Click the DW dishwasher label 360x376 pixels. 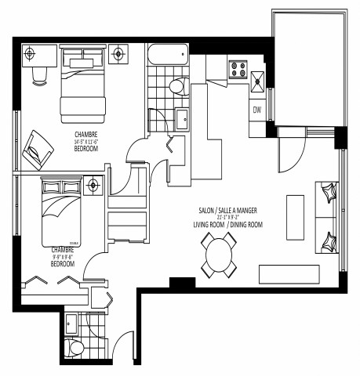point(256,110)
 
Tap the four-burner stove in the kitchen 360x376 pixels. point(237,68)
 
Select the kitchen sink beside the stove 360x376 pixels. point(257,77)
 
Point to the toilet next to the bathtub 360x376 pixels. point(177,85)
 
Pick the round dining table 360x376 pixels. point(220,255)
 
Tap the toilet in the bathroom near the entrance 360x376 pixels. point(77,346)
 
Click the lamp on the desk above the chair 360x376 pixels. point(31,53)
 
